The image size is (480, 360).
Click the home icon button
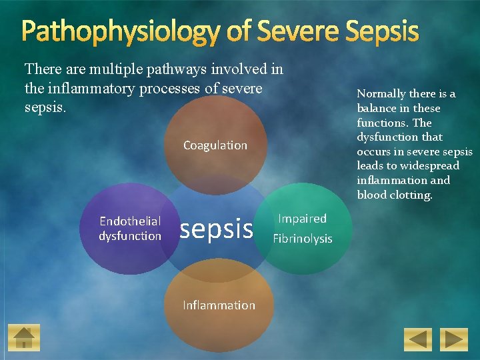pyautogui.click(x=24, y=338)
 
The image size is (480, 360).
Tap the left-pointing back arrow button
pyautogui.click(x=418, y=339)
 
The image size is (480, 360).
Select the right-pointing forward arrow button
pyautogui.click(x=455, y=339)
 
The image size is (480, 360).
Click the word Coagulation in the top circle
pyautogui.click(x=215, y=145)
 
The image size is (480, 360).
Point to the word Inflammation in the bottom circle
pyautogui.click(x=219, y=305)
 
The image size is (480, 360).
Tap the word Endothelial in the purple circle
pyautogui.click(x=130, y=221)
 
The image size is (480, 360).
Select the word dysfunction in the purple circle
pyautogui.click(x=130, y=236)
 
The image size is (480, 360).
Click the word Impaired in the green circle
pyautogui.click(x=302, y=219)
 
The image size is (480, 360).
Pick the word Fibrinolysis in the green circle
pyautogui.click(x=302, y=239)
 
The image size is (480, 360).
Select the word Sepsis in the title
pyautogui.click(x=381, y=31)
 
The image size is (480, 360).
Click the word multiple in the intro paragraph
pyautogui.click(x=105, y=69)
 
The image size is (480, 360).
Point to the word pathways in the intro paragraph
pyautogui.click(x=181, y=69)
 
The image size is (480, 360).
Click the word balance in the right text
pyautogui.click(x=379, y=108)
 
